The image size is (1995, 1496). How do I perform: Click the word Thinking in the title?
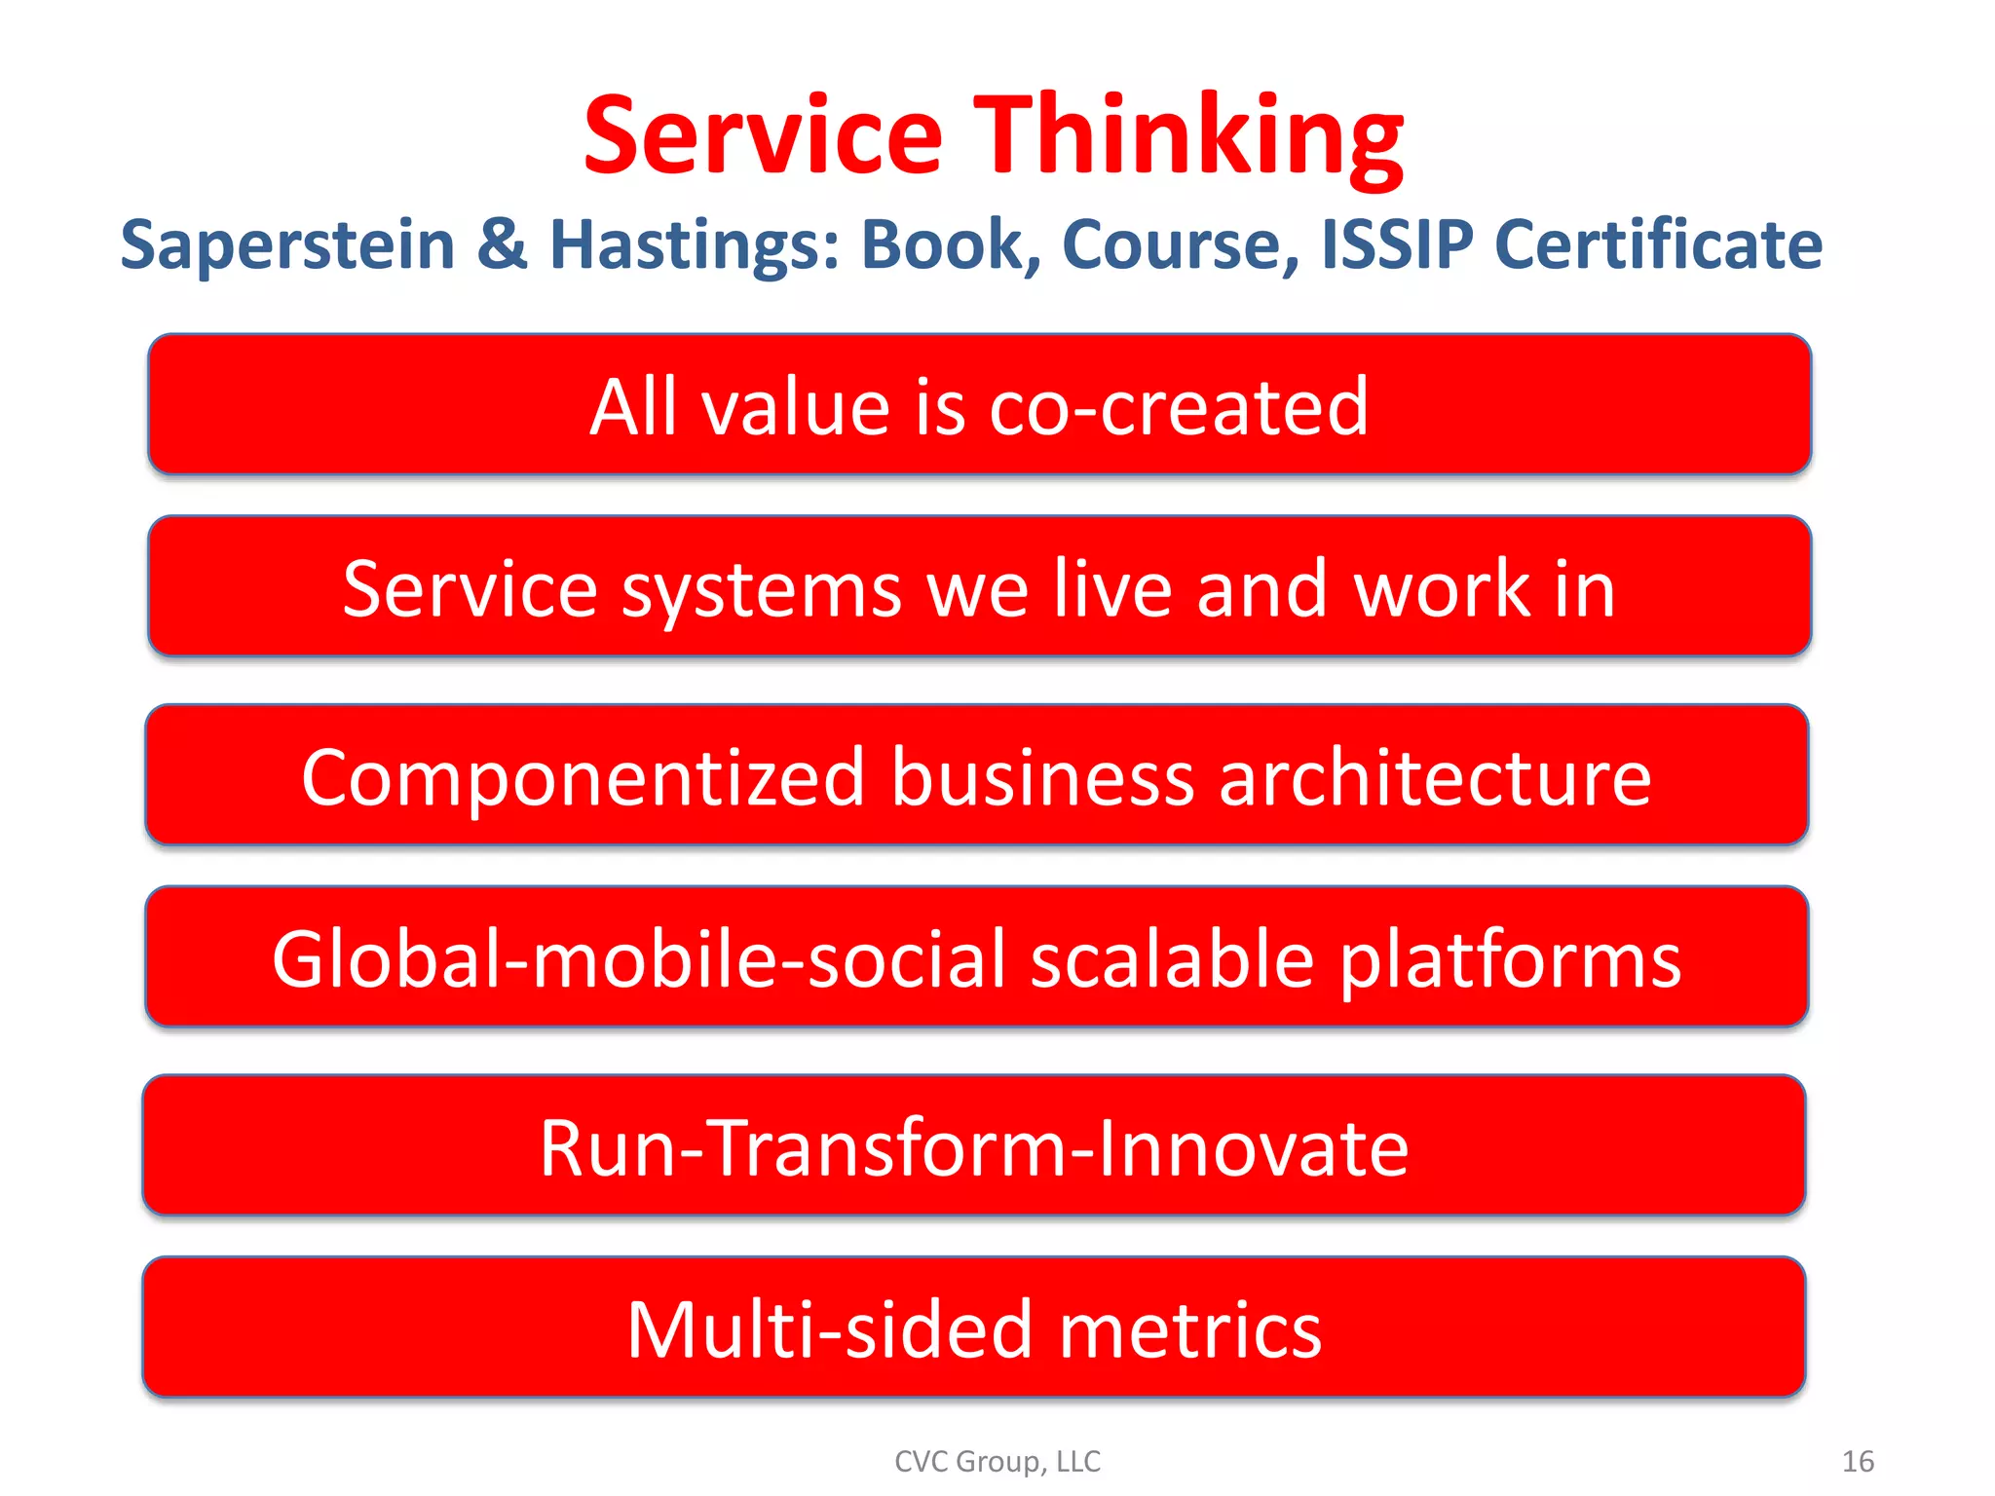pyautogui.click(x=1188, y=136)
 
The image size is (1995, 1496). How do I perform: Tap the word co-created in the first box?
pyautogui.click(x=1179, y=406)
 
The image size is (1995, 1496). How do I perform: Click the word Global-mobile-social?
pyautogui.click(x=637, y=958)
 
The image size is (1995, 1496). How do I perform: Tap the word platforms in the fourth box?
pyautogui.click(x=1510, y=960)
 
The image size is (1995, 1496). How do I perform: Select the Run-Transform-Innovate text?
pyautogui.click(x=974, y=1147)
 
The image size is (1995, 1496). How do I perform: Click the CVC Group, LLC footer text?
pyautogui.click(x=997, y=1461)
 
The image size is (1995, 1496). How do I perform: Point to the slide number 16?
pyautogui.click(x=1858, y=1461)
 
